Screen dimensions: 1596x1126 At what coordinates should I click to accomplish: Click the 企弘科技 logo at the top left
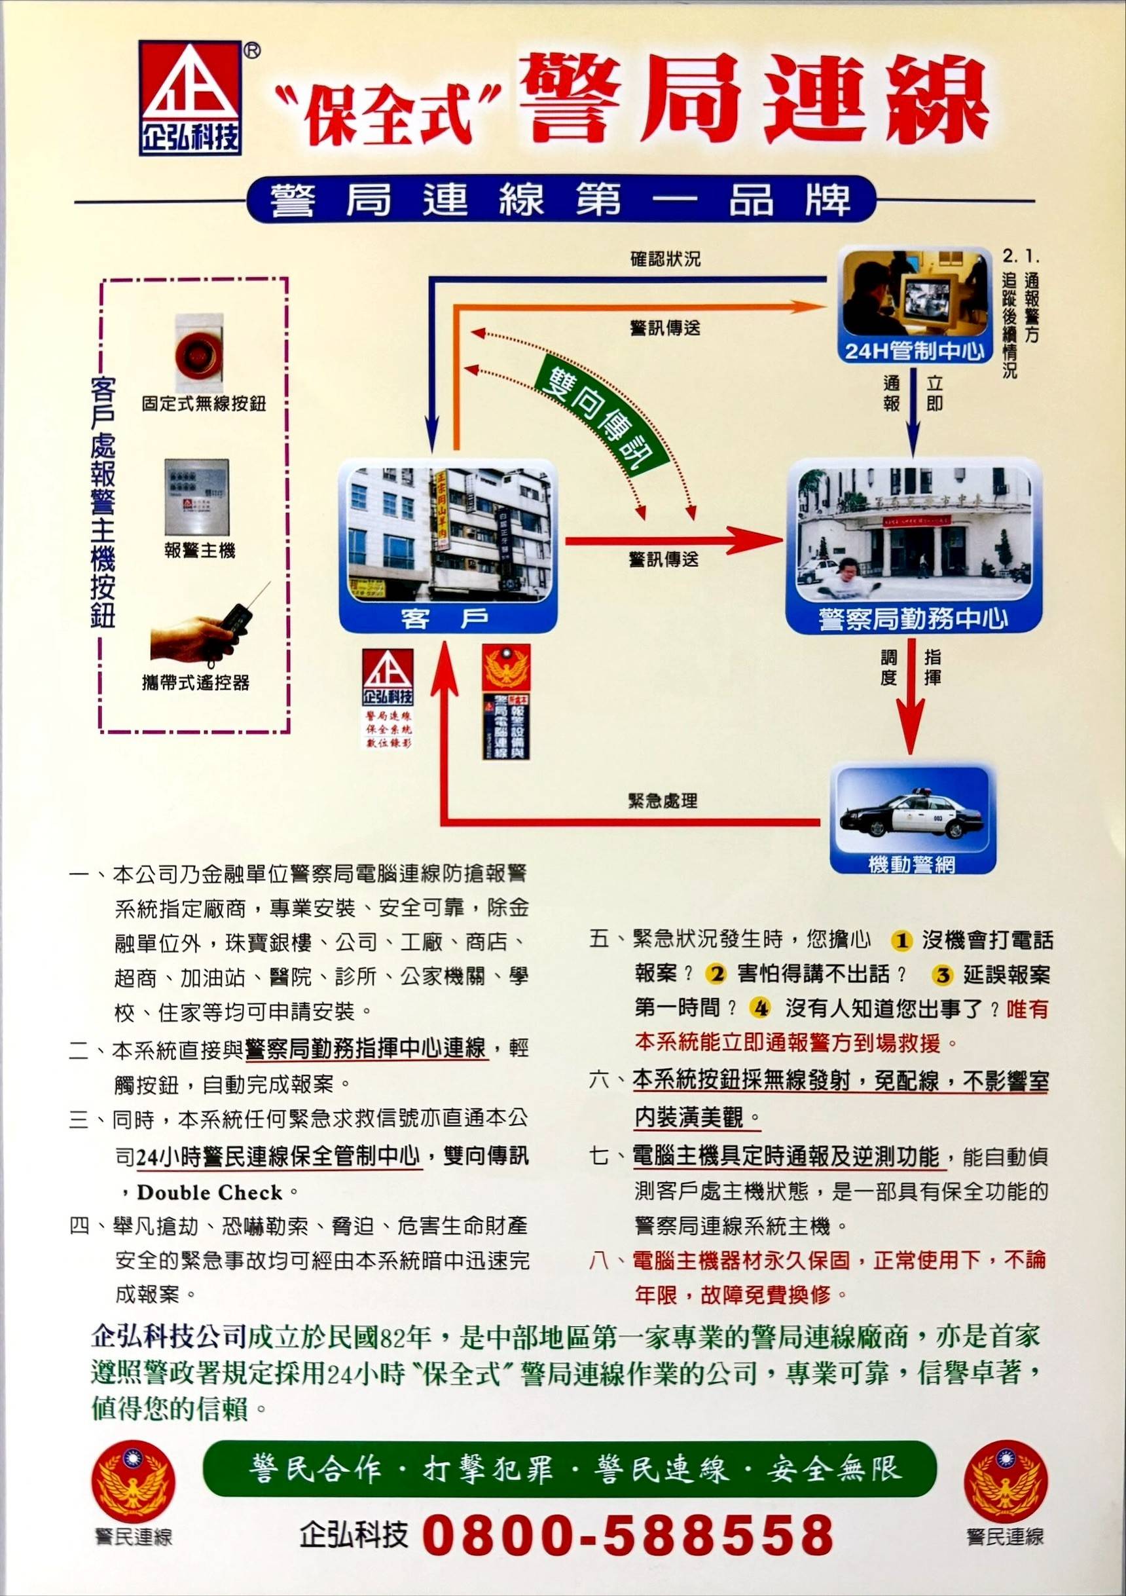tap(191, 98)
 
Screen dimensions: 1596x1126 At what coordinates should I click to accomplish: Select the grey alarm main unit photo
tap(196, 496)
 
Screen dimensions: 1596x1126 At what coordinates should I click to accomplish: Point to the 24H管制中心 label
tap(914, 350)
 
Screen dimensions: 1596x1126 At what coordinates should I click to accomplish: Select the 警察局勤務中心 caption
tap(913, 618)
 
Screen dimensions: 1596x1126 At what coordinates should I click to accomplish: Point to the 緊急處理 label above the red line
tap(662, 801)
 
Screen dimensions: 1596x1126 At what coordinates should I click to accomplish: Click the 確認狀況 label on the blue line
tap(665, 259)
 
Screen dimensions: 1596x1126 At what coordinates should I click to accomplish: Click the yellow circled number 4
tap(761, 1007)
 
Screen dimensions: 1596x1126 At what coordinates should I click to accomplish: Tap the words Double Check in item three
tap(209, 1192)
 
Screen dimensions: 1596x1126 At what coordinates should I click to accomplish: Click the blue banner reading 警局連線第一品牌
tap(560, 200)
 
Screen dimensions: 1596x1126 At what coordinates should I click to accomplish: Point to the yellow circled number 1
tap(901, 940)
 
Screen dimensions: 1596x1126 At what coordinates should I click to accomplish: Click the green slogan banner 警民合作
tap(568, 1470)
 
